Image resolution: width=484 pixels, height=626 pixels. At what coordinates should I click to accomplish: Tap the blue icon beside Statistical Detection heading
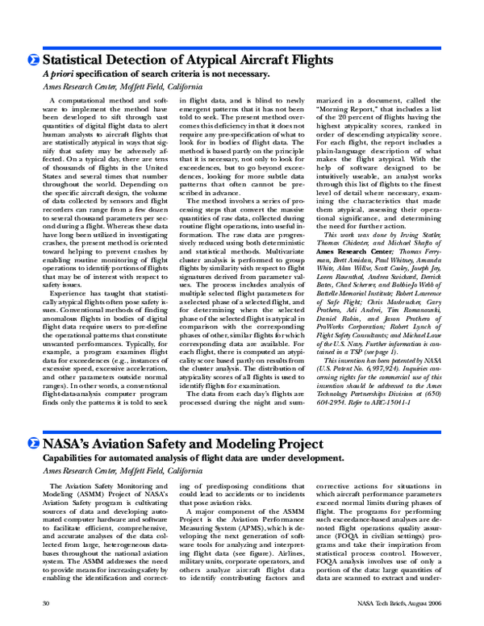tap(32, 61)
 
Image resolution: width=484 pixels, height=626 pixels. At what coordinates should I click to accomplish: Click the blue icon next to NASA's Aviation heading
tap(32, 443)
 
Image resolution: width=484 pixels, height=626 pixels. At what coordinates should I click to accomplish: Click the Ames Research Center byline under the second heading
tap(111, 469)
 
